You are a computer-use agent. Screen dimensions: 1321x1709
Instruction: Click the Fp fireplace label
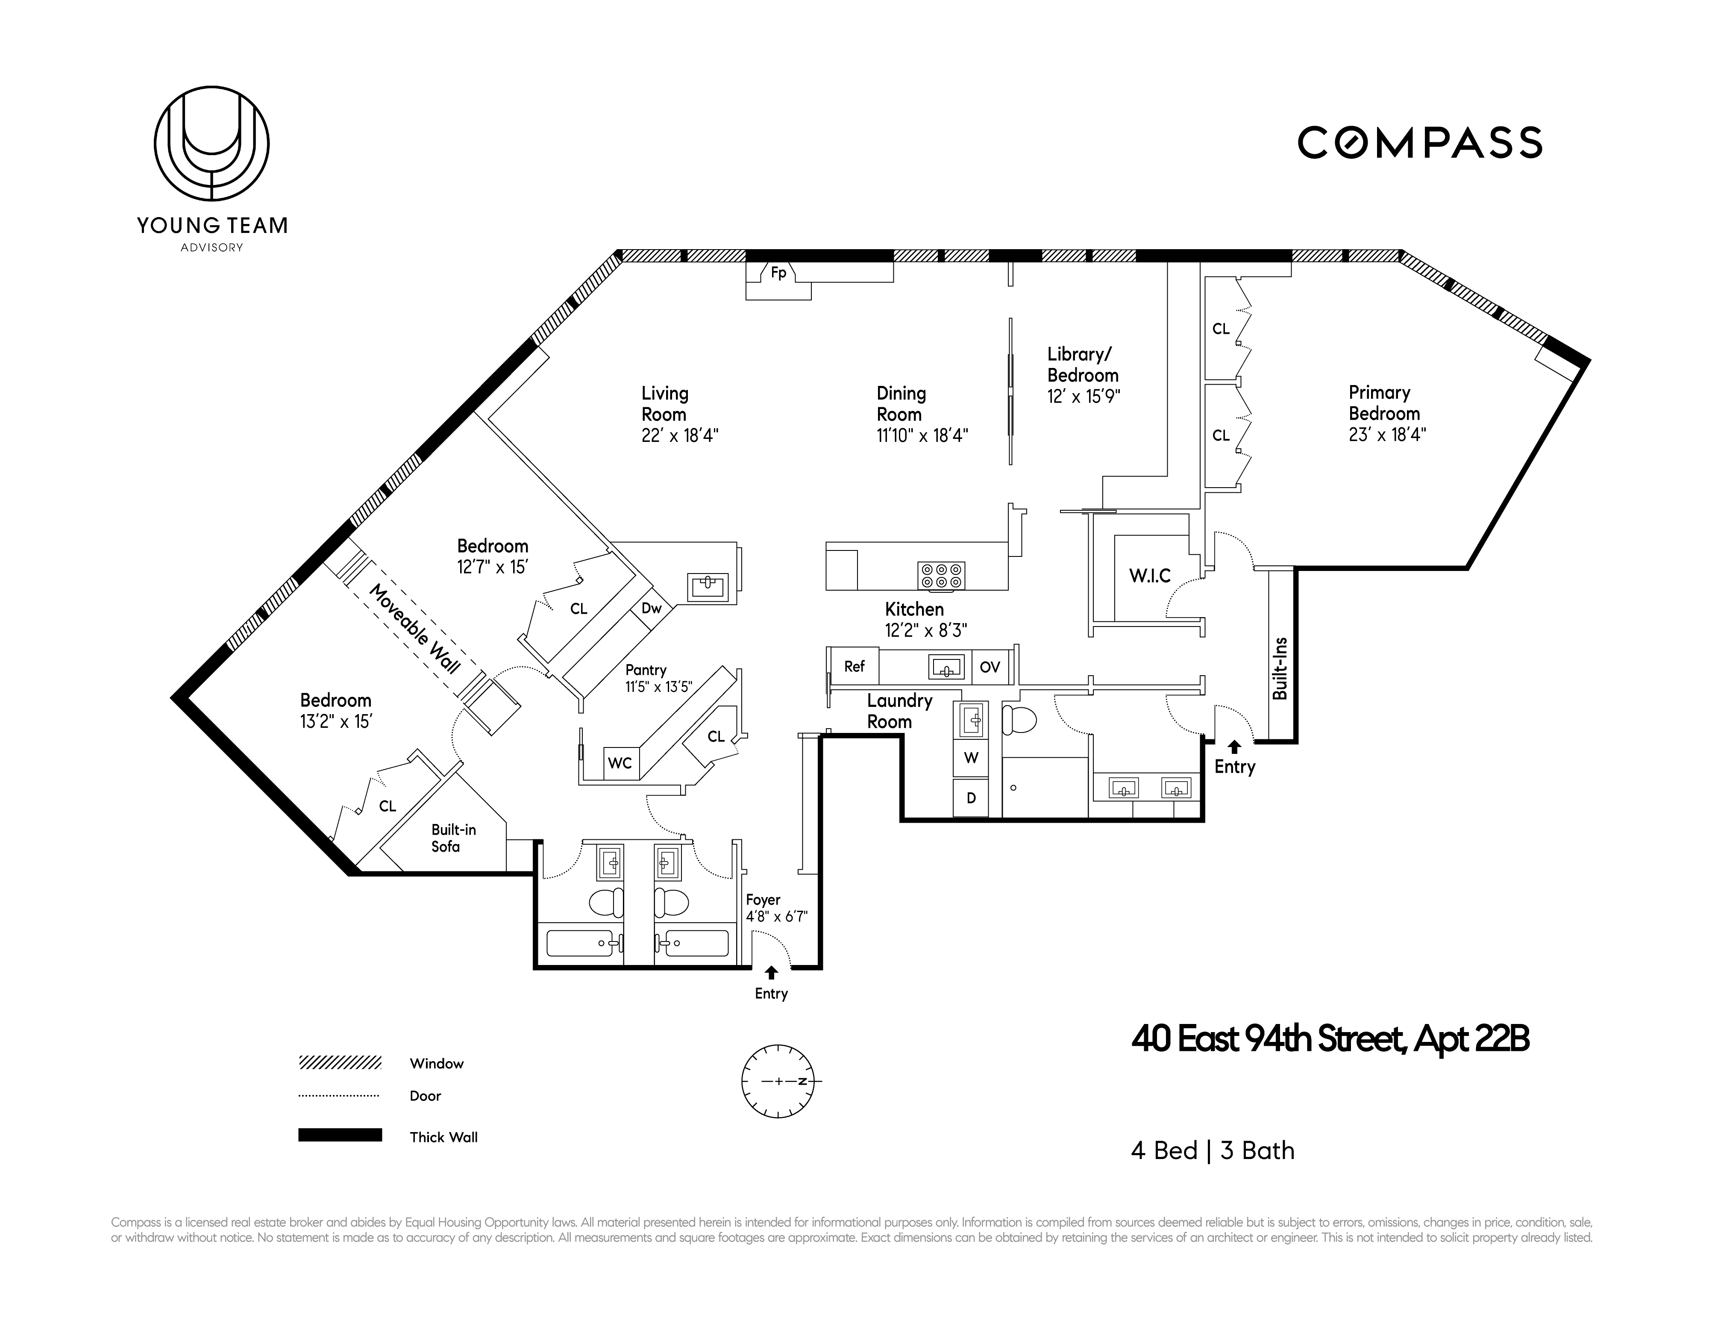point(778,273)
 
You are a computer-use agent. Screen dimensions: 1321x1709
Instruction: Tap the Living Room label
point(664,404)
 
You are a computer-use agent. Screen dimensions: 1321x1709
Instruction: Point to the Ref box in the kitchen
point(854,667)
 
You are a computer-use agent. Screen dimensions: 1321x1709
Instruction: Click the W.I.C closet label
point(1149,576)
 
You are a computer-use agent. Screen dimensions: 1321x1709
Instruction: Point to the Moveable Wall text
point(414,628)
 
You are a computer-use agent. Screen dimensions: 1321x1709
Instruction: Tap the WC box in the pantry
point(620,763)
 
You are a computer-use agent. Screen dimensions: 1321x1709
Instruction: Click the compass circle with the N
point(778,1081)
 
